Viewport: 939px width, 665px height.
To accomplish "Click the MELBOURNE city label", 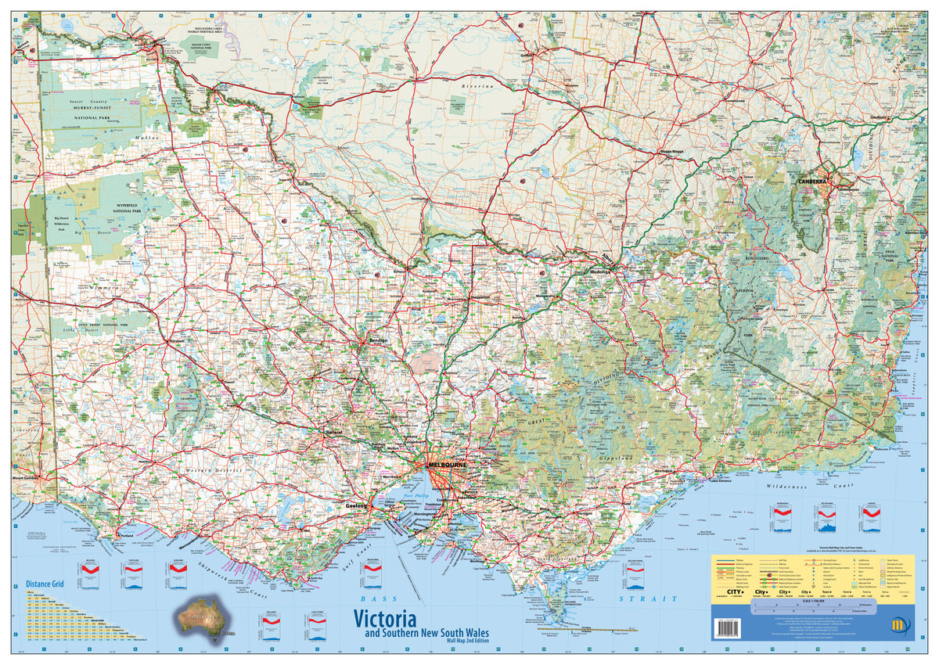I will (x=447, y=465).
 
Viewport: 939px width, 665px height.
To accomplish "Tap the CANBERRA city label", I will (x=812, y=182).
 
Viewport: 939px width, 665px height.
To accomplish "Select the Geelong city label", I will (x=356, y=507).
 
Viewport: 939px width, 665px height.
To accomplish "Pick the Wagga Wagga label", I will (x=656, y=150).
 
